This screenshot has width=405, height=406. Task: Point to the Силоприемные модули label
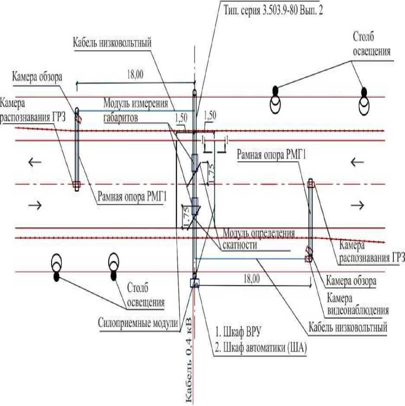tap(138, 322)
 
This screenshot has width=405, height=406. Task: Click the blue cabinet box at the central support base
tap(195, 283)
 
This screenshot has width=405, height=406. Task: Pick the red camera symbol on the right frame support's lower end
tap(308, 253)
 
